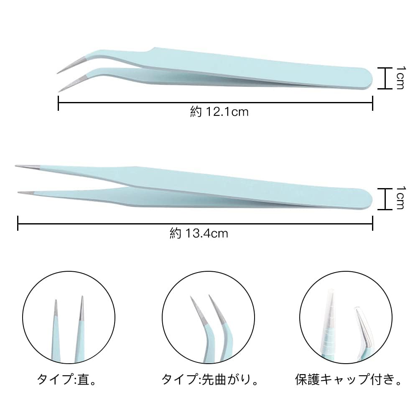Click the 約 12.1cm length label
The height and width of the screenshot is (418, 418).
[x=219, y=112]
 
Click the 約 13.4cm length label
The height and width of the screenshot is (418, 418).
[x=199, y=233]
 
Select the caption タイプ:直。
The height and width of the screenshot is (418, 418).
[x=67, y=380]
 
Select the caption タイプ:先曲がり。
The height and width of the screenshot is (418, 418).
[x=209, y=380]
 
